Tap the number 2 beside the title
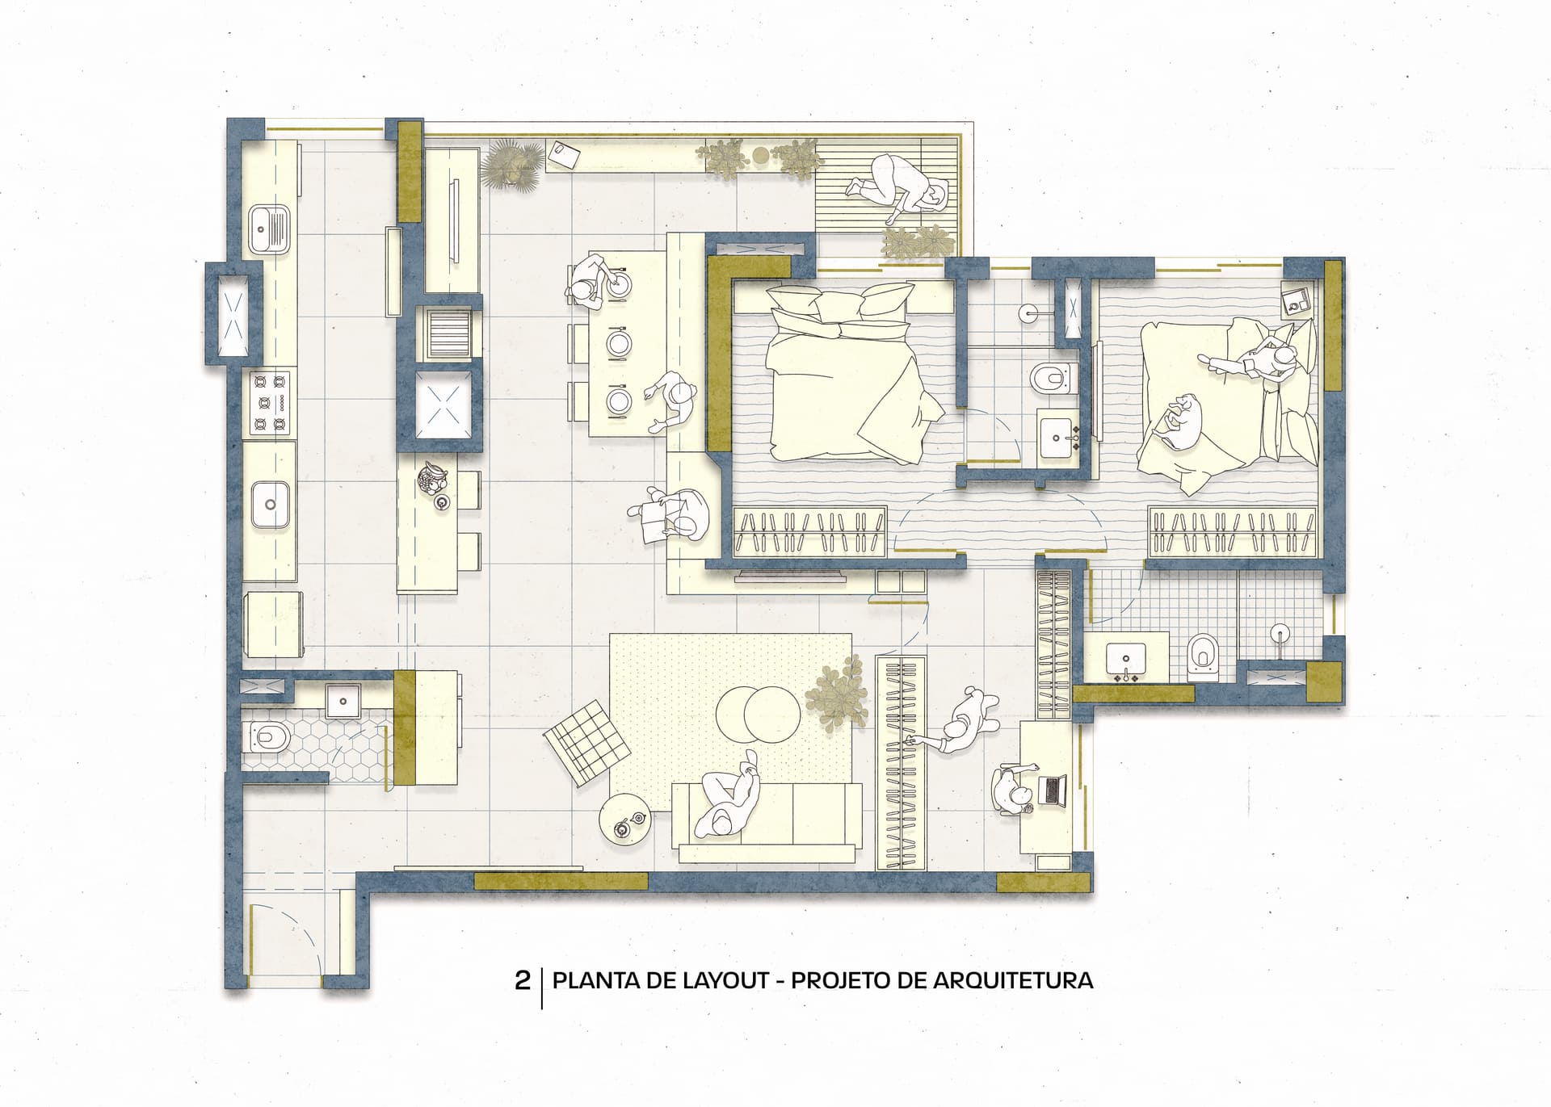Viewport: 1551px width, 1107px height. point(523,981)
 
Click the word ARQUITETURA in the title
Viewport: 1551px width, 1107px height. point(1013,980)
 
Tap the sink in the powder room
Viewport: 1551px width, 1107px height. point(343,700)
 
